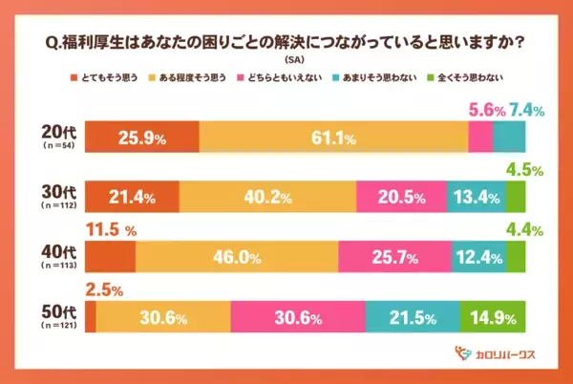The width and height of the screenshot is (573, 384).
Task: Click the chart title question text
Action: tap(286, 42)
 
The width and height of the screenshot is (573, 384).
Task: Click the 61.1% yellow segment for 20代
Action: tap(333, 139)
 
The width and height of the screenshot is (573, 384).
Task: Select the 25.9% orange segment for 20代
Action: tap(142, 139)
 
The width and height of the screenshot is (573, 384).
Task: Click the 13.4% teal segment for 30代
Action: tap(475, 198)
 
